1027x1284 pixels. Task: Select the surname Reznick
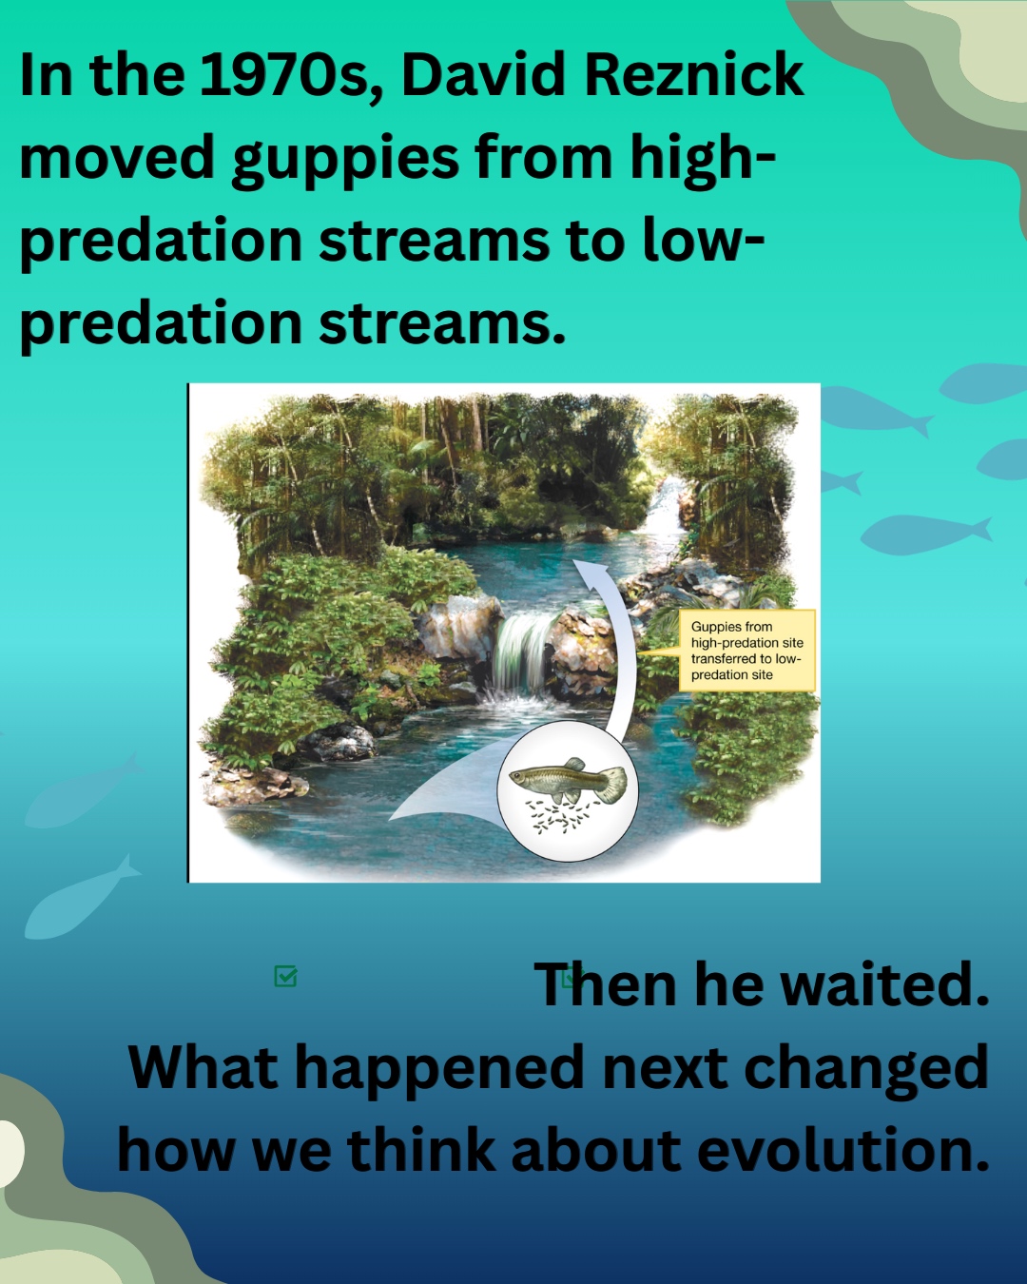point(694,75)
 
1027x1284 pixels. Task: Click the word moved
point(117,156)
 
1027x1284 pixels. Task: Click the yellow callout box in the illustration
point(746,651)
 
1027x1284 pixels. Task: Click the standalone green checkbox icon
point(286,976)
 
